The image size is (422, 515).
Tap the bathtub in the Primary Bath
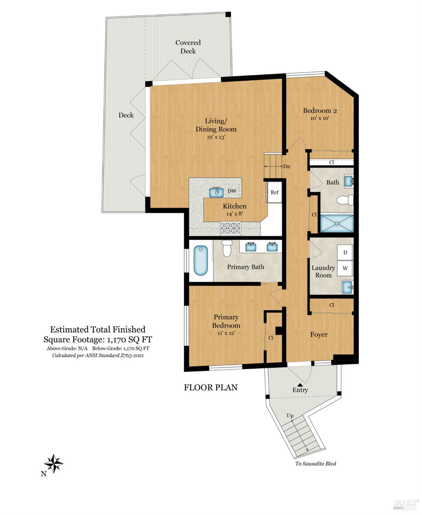[x=201, y=260]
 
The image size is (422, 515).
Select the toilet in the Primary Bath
[x=227, y=248]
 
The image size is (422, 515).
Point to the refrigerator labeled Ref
[x=274, y=193]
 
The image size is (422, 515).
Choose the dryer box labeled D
[x=345, y=253]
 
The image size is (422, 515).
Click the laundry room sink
[x=347, y=287]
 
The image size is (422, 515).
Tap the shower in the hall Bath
[x=337, y=223]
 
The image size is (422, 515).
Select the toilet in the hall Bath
[x=345, y=200]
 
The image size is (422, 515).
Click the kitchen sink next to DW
[x=217, y=192]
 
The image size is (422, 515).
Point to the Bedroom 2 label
[x=319, y=111]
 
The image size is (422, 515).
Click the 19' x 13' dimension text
[x=216, y=137]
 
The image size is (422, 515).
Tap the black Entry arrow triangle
[x=300, y=385]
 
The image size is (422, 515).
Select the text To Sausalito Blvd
[x=316, y=463]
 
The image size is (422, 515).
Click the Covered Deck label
[x=188, y=47]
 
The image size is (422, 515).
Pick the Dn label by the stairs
[x=286, y=166]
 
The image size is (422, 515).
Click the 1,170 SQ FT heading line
[x=98, y=340]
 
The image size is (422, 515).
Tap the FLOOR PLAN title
[x=211, y=387]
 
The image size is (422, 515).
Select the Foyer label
[x=319, y=335]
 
